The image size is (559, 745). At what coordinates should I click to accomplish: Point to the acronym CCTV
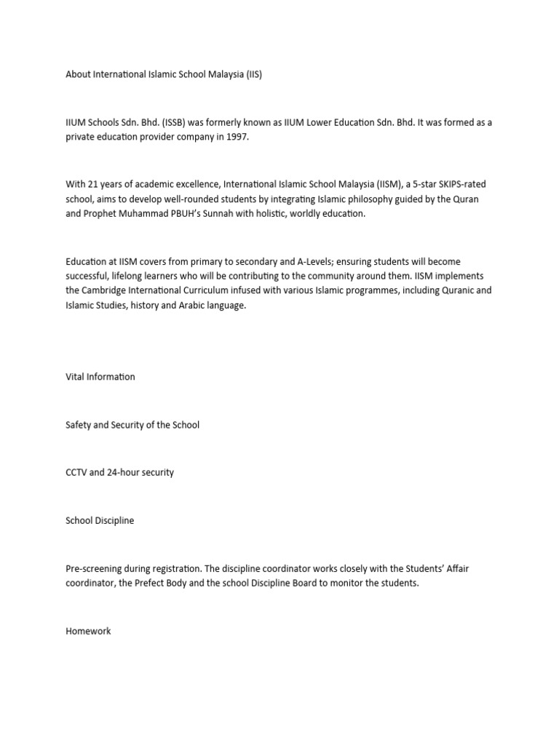coord(76,472)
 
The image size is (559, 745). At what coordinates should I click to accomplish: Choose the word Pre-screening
coord(95,568)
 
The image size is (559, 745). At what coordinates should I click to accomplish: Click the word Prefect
coord(170,583)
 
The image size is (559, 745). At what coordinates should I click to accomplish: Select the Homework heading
coord(88,631)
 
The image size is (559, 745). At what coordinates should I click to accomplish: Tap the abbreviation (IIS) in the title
coord(253,74)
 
